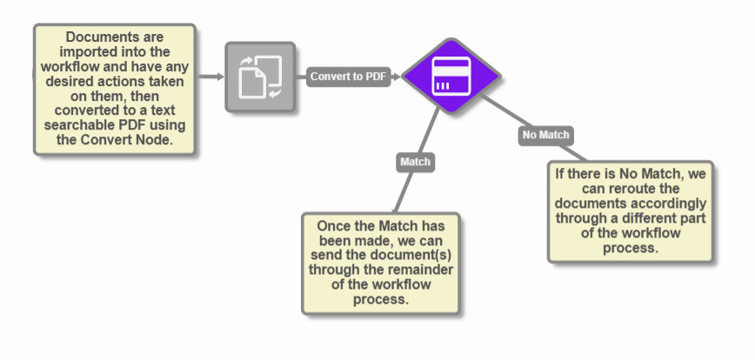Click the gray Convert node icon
pos(260,77)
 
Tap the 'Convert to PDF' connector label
pos(348,77)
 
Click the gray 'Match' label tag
pos(415,162)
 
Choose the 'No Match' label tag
pos(545,135)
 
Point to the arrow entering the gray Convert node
pos(210,77)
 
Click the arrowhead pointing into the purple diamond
pos(397,77)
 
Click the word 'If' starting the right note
pos(561,174)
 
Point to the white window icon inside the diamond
pos(450,77)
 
